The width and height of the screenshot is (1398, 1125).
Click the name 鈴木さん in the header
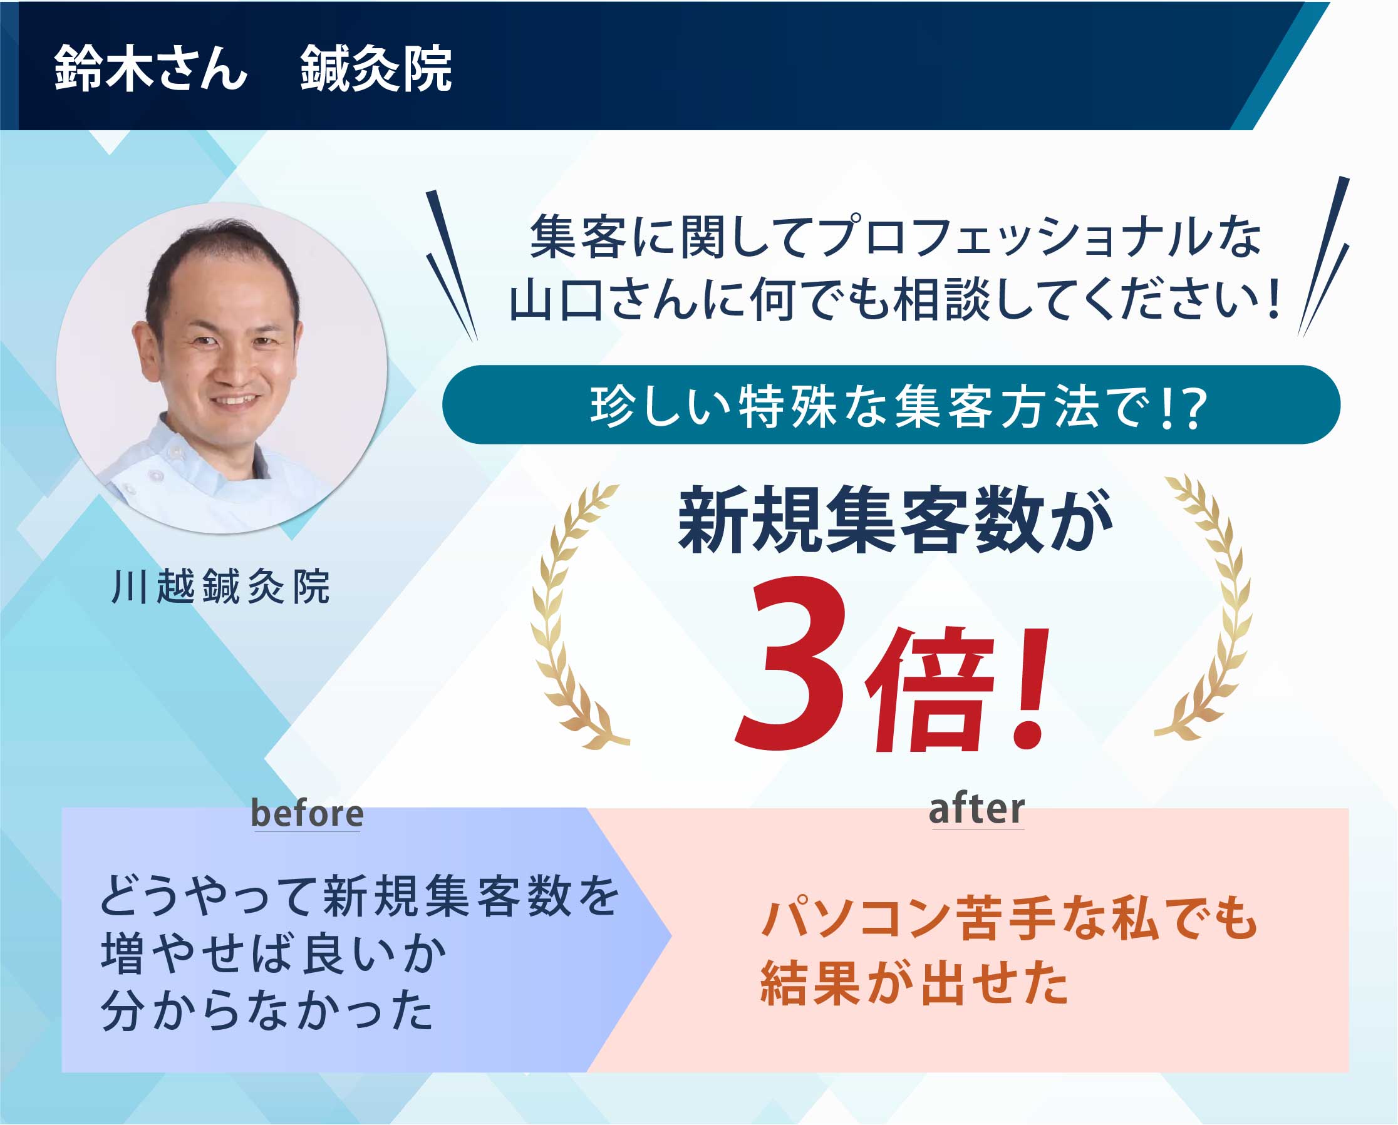(x=150, y=68)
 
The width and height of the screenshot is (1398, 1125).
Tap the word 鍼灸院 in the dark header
(x=376, y=68)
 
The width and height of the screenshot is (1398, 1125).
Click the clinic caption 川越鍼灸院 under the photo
(x=220, y=587)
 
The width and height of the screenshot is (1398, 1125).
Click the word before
(x=307, y=813)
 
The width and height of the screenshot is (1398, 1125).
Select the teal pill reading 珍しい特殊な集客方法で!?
(x=891, y=404)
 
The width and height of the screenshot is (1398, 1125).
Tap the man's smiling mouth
(x=235, y=400)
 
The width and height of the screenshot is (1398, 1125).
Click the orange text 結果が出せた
(x=914, y=984)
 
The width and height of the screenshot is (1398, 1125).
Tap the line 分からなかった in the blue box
(x=267, y=1010)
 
